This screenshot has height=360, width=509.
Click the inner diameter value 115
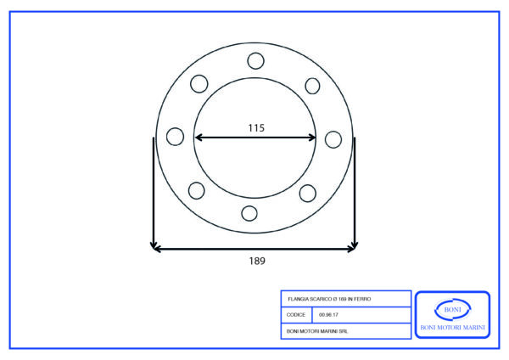256,127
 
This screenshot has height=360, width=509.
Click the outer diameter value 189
257,261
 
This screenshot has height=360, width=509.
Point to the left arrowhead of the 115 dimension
199,138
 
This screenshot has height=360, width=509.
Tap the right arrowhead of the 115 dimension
311,138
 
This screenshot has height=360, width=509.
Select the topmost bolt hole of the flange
256,61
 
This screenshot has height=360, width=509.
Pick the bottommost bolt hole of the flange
249,213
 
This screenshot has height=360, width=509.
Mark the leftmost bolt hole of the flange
175,137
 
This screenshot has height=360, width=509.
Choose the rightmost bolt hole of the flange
333,140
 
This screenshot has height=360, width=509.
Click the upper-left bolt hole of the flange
199,84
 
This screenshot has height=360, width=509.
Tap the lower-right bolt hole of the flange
307,194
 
